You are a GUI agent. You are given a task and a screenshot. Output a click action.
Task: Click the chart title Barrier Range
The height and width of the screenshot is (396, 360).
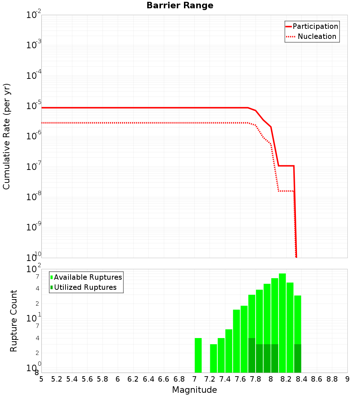pos(180,6)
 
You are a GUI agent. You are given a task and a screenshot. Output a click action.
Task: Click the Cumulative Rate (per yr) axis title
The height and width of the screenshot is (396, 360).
pos(6,136)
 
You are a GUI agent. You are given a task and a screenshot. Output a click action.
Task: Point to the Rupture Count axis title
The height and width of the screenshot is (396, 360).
pos(14,321)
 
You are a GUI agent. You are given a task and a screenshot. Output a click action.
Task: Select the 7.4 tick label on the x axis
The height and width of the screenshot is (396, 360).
pos(225,379)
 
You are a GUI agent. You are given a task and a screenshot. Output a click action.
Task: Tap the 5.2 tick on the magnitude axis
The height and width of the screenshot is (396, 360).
pos(57,379)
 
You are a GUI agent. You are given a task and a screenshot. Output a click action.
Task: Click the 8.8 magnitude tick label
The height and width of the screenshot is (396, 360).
pos(332,379)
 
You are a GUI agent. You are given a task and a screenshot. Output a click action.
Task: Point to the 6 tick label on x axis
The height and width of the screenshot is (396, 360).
pos(118,379)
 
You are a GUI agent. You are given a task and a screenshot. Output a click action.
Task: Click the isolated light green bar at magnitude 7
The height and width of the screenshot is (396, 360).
pos(198,355)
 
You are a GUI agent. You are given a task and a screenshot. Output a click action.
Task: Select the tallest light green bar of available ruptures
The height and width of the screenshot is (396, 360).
pos(282,306)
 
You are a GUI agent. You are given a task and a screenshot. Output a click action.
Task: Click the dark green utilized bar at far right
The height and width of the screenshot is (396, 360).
pos(297,359)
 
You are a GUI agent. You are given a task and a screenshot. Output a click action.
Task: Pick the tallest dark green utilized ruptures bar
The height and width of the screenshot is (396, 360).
pos(252,355)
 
